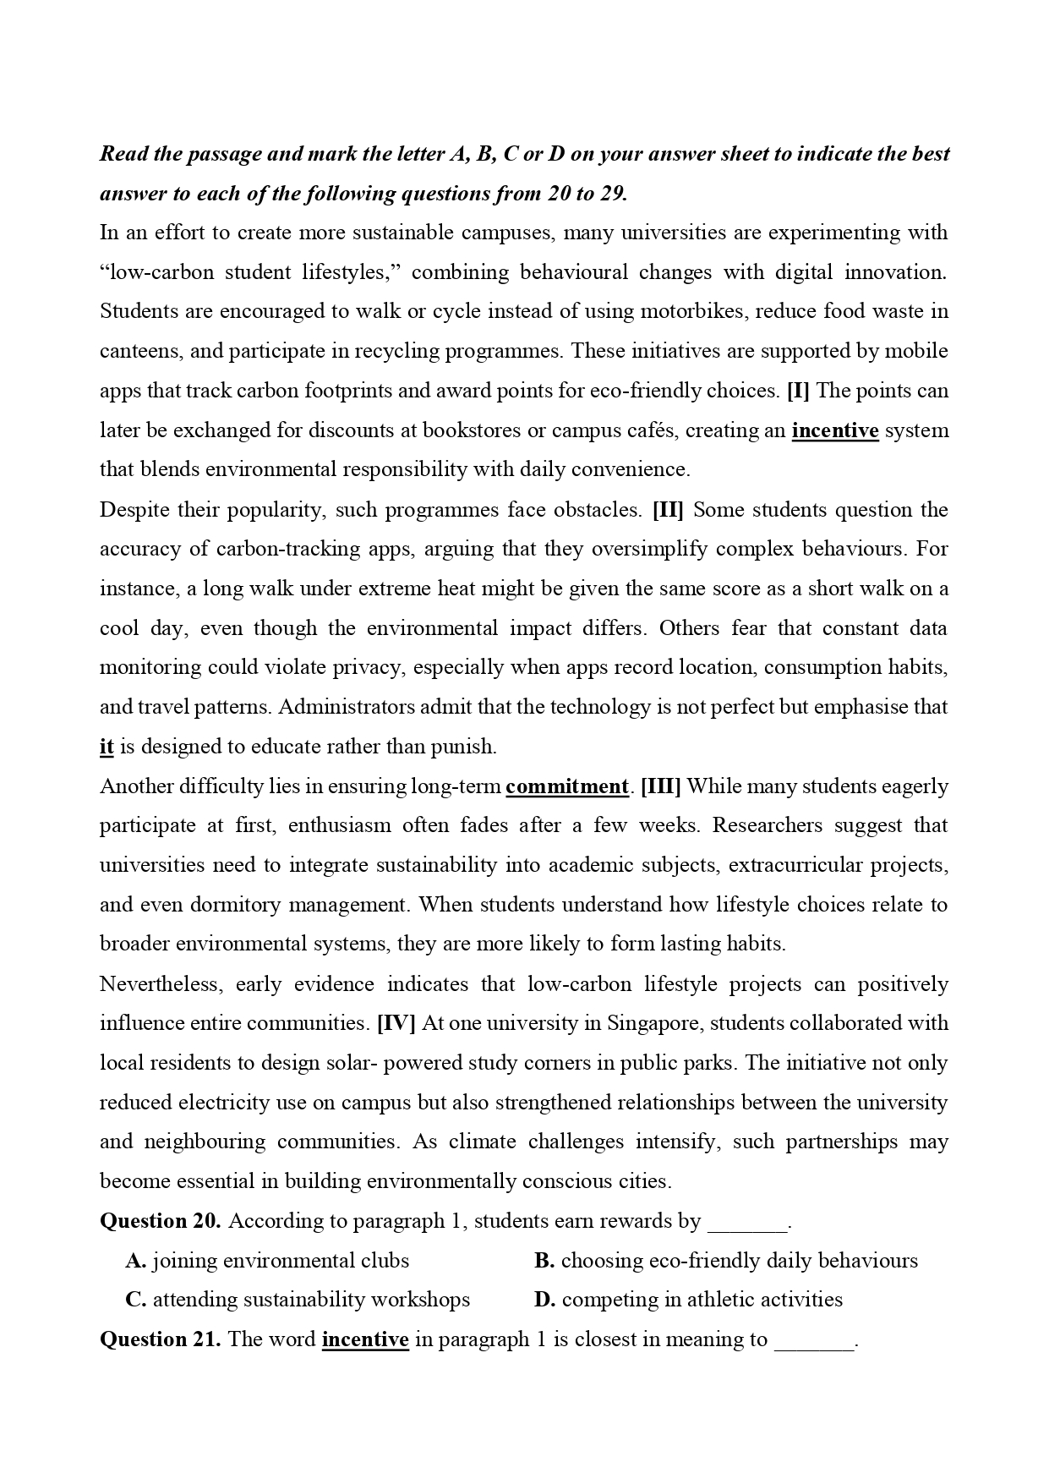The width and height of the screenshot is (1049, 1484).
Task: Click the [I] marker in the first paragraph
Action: point(797,391)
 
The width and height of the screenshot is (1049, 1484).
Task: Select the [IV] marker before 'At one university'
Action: point(396,1023)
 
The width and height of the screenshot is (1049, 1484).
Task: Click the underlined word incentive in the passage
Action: point(835,430)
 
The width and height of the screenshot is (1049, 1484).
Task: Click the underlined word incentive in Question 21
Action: point(365,1339)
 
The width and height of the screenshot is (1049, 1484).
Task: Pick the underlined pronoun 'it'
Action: point(107,747)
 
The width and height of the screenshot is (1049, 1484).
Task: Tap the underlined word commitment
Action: point(567,786)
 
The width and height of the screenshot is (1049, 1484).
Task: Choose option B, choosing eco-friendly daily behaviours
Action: point(726,1261)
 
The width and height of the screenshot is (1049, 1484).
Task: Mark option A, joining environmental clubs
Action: point(268,1261)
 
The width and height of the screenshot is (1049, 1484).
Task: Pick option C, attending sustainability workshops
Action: point(298,1300)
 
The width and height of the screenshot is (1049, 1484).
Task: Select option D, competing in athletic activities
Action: point(689,1300)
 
